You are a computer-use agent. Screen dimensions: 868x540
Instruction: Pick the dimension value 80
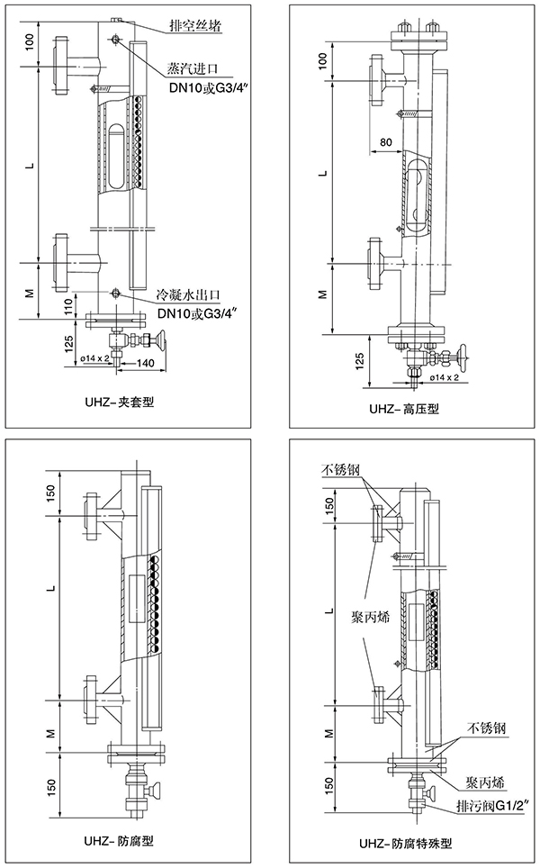386,142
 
